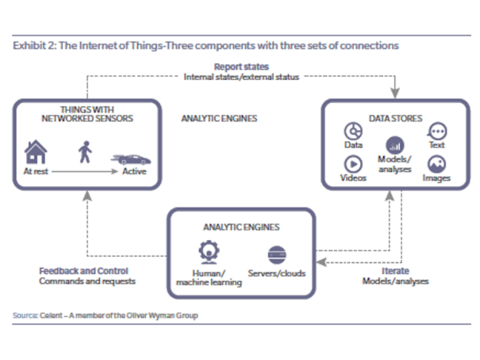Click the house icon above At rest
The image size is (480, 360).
36,152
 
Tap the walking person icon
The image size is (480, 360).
83,153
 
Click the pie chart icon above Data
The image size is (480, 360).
352,131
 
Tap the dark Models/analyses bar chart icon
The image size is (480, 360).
394,146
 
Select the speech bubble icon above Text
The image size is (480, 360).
437,131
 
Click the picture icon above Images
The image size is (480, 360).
437,164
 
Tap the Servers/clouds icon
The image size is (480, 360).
276,253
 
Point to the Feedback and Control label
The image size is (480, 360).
83,271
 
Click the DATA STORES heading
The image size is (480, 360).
394,118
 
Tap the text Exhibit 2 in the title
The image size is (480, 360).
32,46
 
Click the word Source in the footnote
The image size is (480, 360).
25,315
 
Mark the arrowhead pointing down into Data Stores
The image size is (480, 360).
394,94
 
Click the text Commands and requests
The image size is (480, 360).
87,281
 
